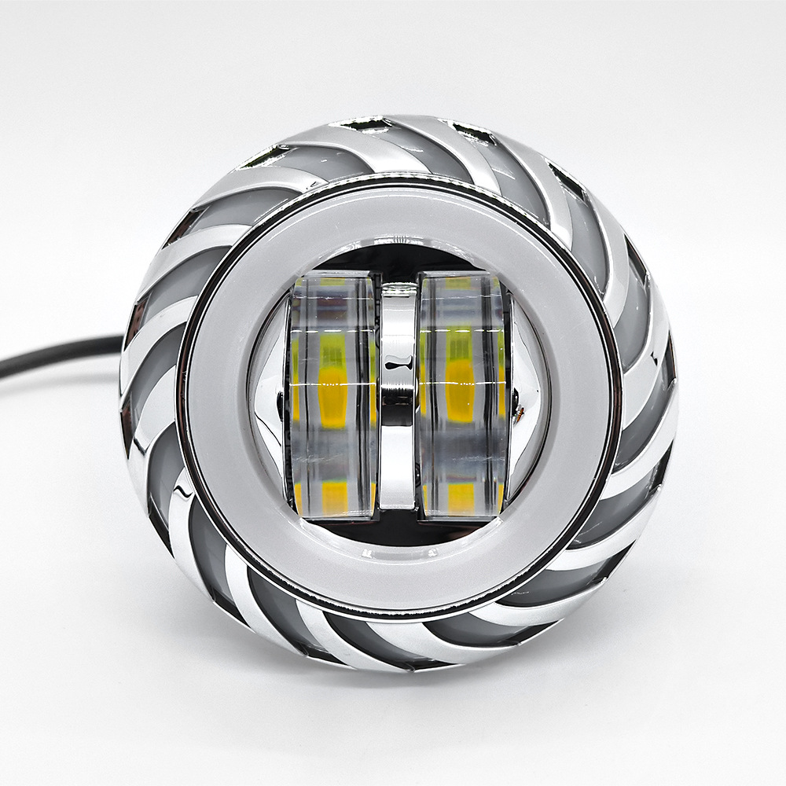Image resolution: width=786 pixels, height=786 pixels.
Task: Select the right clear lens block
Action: [460, 393]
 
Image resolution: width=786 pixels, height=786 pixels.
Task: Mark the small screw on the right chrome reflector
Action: [515, 410]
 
